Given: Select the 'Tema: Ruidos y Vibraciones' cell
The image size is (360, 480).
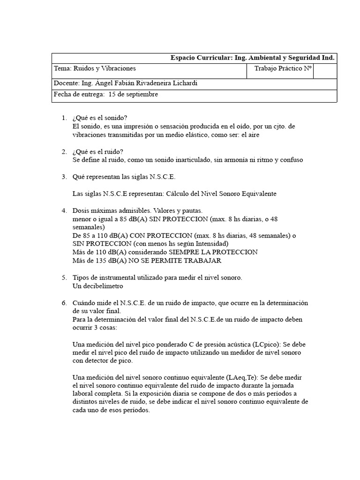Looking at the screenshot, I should point(95,68).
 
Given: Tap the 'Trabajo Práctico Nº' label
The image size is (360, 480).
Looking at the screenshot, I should point(283,68).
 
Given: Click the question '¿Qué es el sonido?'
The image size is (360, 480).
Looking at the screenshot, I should point(100,117).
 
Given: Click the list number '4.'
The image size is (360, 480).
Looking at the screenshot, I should point(65,210).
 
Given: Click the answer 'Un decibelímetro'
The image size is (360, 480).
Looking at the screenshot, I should point(97,286).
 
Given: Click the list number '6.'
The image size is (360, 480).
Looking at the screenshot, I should point(65,303).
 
